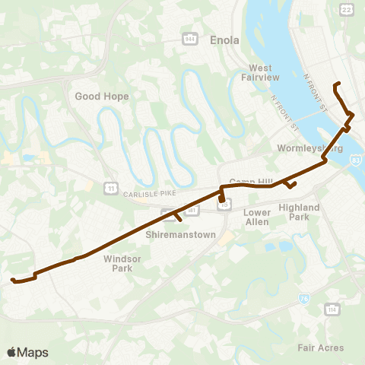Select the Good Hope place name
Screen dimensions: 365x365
(x=102, y=97)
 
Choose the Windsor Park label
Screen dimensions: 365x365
(x=118, y=263)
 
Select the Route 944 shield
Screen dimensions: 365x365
(x=190, y=37)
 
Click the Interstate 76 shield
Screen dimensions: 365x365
(x=305, y=299)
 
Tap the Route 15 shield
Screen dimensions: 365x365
(x=224, y=204)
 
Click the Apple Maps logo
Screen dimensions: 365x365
(x=27, y=352)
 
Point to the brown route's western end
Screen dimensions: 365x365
(x=13, y=281)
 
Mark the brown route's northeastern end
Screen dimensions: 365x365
(x=336, y=82)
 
